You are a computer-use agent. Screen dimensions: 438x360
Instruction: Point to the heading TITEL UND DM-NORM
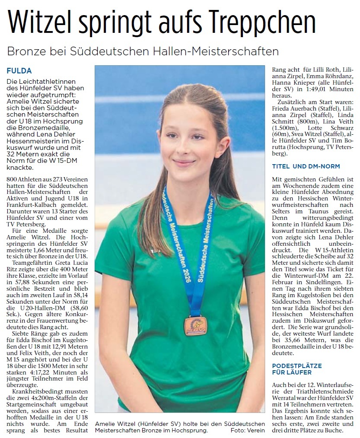coord(306,166)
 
